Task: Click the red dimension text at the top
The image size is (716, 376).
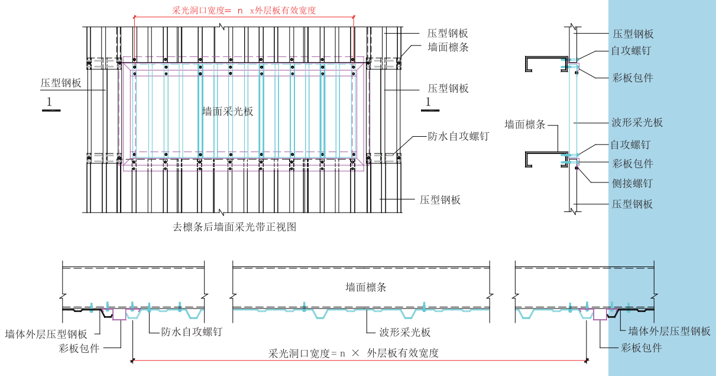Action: pyautogui.click(x=244, y=10)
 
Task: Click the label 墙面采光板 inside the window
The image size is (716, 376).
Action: pyautogui.click(x=228, y=111)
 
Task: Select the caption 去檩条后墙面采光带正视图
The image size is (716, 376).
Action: pyautogui.click(x=234, y=227)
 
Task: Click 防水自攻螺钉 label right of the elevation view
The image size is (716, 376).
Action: pyautogui.click(x=458, y=136)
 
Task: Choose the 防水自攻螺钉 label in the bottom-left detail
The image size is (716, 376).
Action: pyautogui.click(x=192, y=332)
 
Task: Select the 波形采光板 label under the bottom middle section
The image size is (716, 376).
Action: pyautogui.click(x=406, y=332)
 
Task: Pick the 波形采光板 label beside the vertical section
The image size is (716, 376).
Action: pyautogui.click(x=636, y=123)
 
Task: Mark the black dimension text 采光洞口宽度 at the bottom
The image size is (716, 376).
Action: pyautogui.click(x=354, y=353)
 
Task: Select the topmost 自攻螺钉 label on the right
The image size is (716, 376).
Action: pyautogui.click(x=630, y=51)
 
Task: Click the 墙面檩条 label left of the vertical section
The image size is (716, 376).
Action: pyautogui.click(x=524, y=124)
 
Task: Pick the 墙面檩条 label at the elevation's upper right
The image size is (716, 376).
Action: pyautogui.click(x=448, y=47)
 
